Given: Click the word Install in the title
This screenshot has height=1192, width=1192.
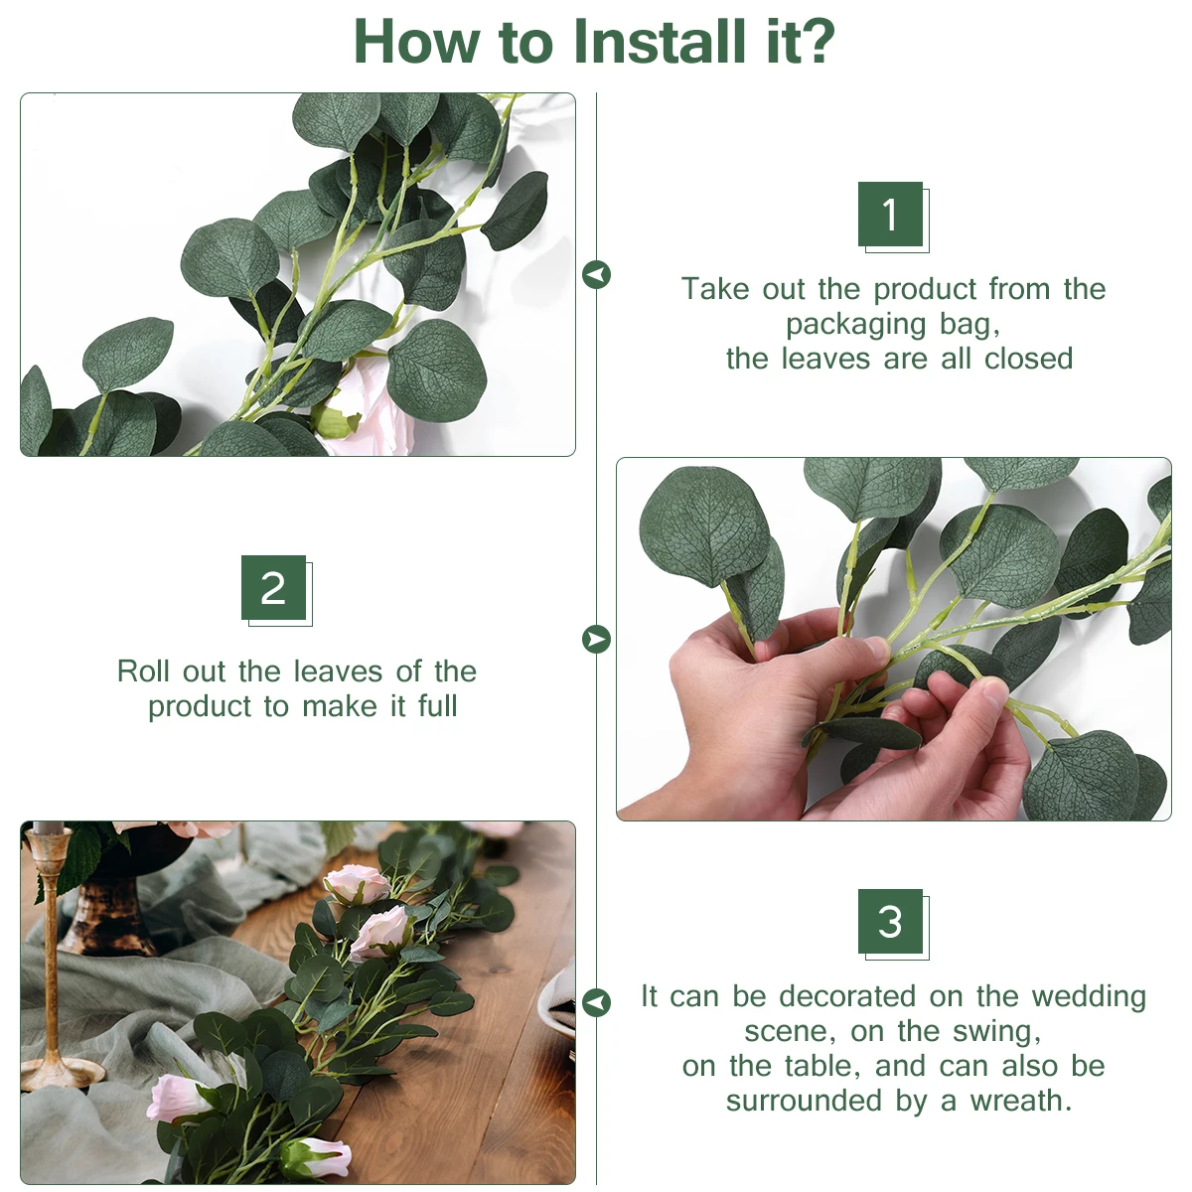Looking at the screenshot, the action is point(660,42).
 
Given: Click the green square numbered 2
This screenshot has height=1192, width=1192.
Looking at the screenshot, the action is point(273,588).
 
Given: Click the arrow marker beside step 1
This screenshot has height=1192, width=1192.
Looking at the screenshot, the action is point(596,274).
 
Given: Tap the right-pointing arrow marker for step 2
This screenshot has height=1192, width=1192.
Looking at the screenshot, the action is point(596,639).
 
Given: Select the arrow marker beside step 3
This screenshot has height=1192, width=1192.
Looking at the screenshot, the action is point(596,1002).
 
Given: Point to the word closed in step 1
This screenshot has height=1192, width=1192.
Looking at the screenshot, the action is point(1029,359).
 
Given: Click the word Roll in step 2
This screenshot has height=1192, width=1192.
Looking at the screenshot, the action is point(143,671).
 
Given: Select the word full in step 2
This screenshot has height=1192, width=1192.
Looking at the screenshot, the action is point(437,706).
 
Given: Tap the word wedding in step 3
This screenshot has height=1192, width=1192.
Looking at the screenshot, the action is point(1089,997).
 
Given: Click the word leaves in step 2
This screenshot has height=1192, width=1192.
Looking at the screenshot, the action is point(337,671).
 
